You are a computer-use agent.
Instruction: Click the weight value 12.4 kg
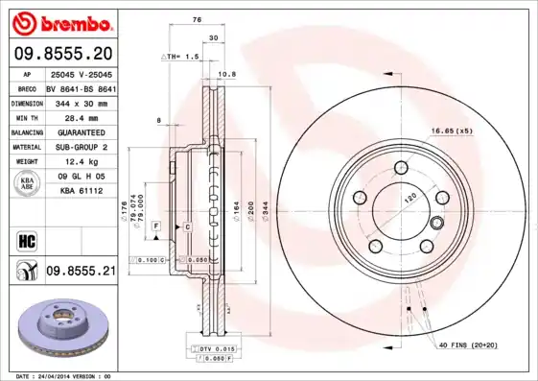[81, 162]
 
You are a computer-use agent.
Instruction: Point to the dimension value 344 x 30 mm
[81, 101]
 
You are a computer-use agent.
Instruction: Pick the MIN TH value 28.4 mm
[81, 116]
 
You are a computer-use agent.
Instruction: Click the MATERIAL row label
[25, 147]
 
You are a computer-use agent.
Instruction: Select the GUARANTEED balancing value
[81, 131]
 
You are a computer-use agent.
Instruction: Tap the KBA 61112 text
[81, 192]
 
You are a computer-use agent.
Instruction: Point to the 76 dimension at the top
[196, 19]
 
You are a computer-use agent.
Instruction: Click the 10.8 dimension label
[226, 74]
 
